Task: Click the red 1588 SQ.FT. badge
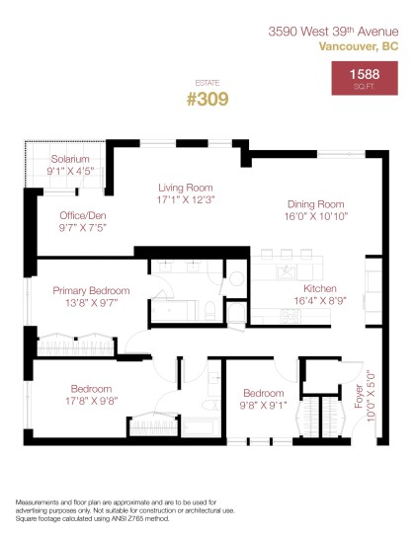click(x=366, y=78)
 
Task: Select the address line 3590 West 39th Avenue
click(x=334, y=32)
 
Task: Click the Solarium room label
click(x=71, y=159)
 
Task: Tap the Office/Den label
click(x=83, y=215)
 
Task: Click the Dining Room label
click(x=315, y=204)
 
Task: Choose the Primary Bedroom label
click(x=91, y=291)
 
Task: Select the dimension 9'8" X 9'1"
click(x=264, y=404)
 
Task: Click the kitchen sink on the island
click(x=285, y=268)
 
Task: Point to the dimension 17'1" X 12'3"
click(x=187, y=198)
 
